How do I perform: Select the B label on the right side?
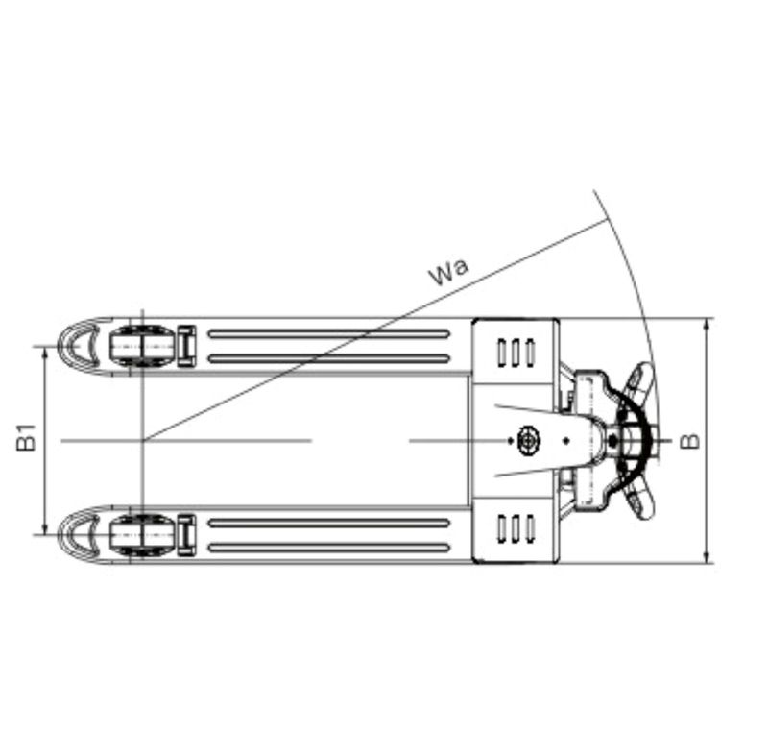click(690, 441)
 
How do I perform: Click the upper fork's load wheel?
click(142, 346)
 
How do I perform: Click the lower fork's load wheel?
click(142, 535)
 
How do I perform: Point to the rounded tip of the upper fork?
click(80, 346)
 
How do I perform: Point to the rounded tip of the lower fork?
click(80, 535)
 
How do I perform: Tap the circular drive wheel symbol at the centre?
click(527, 441)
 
